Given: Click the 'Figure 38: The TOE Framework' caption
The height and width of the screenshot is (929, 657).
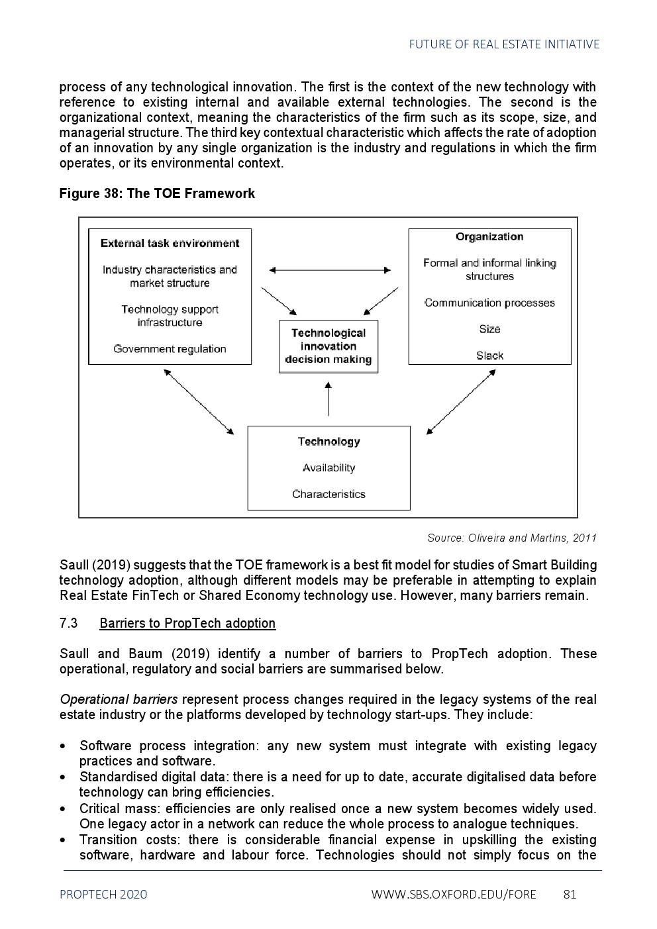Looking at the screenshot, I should [x=157, y=193].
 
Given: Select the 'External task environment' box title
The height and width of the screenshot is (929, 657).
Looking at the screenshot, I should [x=170, y=243].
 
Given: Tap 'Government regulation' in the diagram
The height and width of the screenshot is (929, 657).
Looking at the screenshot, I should [x=170, y=349].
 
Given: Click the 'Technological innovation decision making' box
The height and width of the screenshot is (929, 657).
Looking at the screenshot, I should [x=328, y=346].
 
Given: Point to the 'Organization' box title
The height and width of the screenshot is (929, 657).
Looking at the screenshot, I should [x=489, y=236].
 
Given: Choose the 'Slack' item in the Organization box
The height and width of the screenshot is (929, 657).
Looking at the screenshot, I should [x=489, y=356].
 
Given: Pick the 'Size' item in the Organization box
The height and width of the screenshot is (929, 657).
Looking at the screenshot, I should [x=489, y=329].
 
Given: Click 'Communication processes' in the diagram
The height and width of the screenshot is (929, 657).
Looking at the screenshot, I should [x=489, y=303].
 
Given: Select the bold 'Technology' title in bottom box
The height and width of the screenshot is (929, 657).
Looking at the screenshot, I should [x=328, y=442].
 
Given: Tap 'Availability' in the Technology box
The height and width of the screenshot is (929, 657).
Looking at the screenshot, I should [x=328, y=468].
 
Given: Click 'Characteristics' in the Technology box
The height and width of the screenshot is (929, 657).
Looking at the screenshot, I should [x=328, y=495].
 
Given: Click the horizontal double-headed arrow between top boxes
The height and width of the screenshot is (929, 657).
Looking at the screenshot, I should [x=330, y=270].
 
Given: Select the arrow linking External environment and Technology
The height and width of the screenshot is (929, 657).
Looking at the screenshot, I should [x=199, y=402].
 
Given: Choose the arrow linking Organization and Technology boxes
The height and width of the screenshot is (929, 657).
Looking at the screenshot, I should [x=461, y=402].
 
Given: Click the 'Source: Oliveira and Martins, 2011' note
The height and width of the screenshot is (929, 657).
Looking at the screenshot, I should [x=511, y=538].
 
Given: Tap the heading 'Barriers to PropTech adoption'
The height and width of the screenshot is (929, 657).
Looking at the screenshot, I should [x=187, y=623].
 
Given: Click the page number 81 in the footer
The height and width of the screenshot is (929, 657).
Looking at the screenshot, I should [x=570, y=895].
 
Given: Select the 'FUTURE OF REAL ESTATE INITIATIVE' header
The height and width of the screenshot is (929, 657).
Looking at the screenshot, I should [x=504, y=44].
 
